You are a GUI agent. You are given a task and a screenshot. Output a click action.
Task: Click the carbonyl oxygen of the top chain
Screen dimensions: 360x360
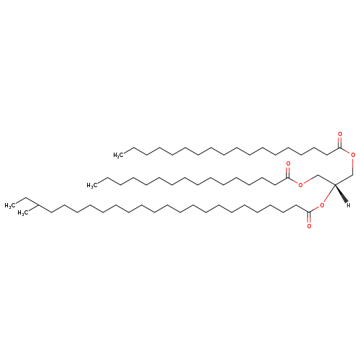pyautogui.click(x=340, y=134)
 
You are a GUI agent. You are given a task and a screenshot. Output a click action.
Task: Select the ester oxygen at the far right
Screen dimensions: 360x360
pyautogui.click(x=353, y=155)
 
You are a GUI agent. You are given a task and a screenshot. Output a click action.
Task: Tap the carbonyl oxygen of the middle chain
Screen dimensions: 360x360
pyautogui.click(x=288, y=163)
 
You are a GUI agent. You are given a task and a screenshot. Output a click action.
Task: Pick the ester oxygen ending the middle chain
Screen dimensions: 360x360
pyautogui.click(x=301, y=184)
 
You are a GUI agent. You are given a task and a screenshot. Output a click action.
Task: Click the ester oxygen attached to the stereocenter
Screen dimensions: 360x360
pyautogui.click(x=322, y=205)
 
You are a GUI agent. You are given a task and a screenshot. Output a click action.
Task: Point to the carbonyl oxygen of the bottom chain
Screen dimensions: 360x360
pyautogui.click(x=309, y=226)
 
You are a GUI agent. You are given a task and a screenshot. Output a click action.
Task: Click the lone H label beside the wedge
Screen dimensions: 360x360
pyautogui.click(x=348, y=205)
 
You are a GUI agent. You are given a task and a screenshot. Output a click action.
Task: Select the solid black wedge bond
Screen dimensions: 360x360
pyautogui.click(x=341, y=193)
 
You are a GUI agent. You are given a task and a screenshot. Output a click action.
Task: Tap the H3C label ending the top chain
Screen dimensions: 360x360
pyautogui.click(x=118, y=156)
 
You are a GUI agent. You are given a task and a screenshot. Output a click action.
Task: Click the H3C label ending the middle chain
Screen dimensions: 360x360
pyautogui.click(x=92, y=185)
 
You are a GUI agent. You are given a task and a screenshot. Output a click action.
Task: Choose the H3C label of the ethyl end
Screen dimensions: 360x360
pyautogui.click(x=10, y=206)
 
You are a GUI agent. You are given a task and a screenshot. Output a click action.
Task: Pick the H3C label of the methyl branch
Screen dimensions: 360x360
pyautogui.click(x=23, y=213)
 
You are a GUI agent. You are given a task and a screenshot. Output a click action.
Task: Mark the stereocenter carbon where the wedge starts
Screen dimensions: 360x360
pyautogui.click(x=335, y=184)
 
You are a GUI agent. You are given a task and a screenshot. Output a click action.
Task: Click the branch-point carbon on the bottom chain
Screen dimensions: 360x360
pyautogui.click(x=39, y=205)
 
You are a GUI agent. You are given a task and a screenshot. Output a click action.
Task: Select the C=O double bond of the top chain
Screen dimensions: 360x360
pyautogui.click(x=340, y=142)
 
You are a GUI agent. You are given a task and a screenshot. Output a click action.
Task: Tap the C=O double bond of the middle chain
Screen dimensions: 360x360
pyautogui.click(x=288, y=171)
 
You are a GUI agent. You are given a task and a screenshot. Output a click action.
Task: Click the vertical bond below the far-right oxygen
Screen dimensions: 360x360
pyautogui.click(x=353, y=166)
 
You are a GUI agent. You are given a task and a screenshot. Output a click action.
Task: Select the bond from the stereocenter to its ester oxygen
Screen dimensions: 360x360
pyautogui.click(x=329, y=194)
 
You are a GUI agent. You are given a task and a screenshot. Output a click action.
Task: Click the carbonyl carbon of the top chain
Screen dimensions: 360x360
pyautogui.click(x=340, y=148)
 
